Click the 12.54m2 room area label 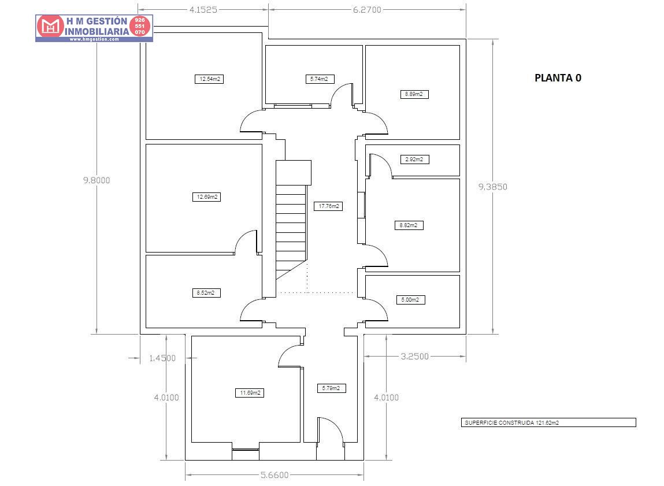pyautogui.click(x=209, y=79)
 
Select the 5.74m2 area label pyautogui.click(x=320, y=79)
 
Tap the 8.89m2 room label pyautogui.click(x=414, y=94)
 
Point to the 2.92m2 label pyautogui.click(x=414, y=159)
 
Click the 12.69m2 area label pyautogui.click(x=207, y=197)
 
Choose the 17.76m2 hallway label pyautogui.click(x=328, y=206)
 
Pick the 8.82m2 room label pyautogui.click(x=409, y=225)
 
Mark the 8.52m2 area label pyautogui.click(x=206, y=293)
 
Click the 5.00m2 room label pyautogui.click(x=410, y=300)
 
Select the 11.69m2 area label pyautogui.click(x=250, y=394)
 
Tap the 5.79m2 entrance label pyautogui.click(x=332, y=388)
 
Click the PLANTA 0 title pyautogui.click(x=558, y=78)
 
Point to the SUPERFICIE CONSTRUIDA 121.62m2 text pyautogui.click(x=511, y=422)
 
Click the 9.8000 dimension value pyautogui.click(x=97, y=180)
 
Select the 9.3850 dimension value pyautogui.click(x=493, y=187)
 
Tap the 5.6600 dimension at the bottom pyautogui.click(x=274, y=475)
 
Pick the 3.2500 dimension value pyautogui.click(x=415, y=357)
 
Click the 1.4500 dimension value pyautogui.click(x=162, y=358)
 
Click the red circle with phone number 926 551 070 pyautogui.click(x=139, y=26)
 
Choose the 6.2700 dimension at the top pyautogui.click(x=367, y=10)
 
